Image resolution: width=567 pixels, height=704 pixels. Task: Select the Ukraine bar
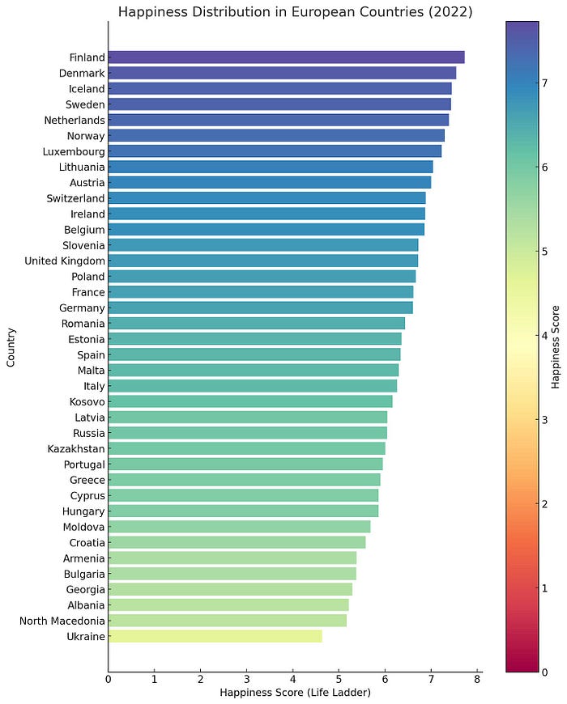(215, 636)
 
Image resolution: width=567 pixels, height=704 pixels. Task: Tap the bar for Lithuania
(270, 167)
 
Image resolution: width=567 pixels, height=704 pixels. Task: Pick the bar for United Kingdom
(262, 261)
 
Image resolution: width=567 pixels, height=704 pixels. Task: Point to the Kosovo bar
(249, 401)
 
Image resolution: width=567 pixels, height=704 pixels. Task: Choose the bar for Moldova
(239, 527)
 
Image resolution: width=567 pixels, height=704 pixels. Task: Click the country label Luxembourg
(75, 151)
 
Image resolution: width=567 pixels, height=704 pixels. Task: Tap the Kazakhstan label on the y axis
(76, 448)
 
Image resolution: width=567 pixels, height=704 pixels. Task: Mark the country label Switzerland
(76, 198)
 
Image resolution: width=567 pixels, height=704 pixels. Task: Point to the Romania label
(82, 324)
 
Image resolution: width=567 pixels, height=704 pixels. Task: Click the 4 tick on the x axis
(293, 680)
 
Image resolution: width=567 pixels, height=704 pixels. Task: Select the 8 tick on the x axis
(478, 680)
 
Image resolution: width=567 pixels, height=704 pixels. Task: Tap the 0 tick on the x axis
(109, 680)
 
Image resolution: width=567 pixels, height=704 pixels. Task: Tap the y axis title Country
(11, 347)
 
